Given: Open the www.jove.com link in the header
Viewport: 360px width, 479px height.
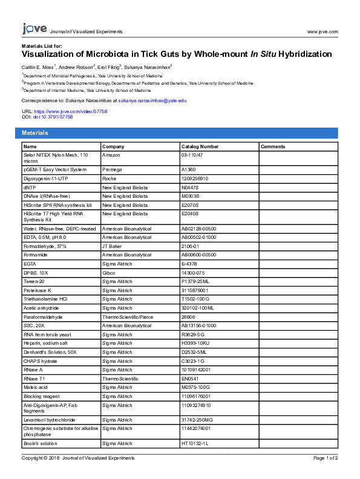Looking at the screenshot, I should coord(322,31).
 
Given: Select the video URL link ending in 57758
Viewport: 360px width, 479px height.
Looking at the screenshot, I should coord(70,112).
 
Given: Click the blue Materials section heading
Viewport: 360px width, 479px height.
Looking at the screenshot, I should coord(34,133).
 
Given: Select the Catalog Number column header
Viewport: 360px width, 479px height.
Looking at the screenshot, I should coord(200,146).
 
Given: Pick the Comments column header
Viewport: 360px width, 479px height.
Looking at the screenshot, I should coord(273,146).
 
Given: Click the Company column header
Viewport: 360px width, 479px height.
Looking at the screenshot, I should coord(113,146).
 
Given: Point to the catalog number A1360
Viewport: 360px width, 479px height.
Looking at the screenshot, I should coord(189,170).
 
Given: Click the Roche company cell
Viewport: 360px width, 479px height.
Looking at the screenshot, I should coord(110,178).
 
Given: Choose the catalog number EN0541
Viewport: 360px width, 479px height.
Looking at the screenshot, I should coord(191,379).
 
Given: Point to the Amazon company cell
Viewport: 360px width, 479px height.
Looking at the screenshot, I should coord(111,155).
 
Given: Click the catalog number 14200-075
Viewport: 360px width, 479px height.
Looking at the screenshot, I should coord(194,273).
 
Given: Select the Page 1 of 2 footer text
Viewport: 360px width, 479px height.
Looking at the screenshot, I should coord(326,458).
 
